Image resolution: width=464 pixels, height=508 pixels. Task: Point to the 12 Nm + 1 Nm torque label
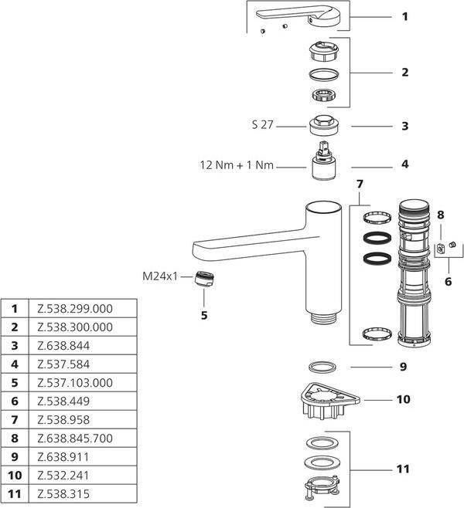click(237, 164)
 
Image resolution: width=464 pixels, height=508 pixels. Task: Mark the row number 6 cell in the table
click(14, 401)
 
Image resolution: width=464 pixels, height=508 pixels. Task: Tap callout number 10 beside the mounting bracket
click(403, 400)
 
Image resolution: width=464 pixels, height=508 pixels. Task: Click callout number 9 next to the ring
click(403, 367)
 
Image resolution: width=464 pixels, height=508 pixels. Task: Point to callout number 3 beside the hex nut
click(404, 125)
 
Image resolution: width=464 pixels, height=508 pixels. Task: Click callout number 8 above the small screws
click(441, 215)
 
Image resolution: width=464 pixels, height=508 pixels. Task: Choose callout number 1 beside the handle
click(404, 15)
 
